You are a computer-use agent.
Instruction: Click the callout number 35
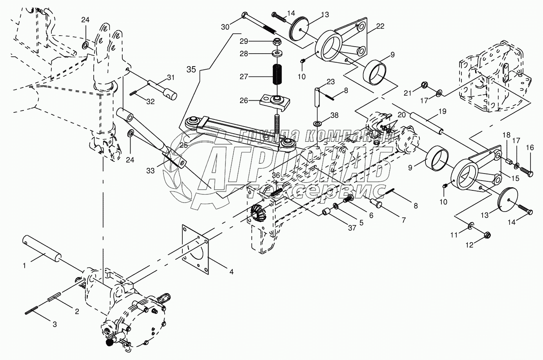click(x=191, y=70)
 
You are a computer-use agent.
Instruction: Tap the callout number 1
click(x=24, y=266)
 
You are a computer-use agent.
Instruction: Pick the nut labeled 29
click(x=278, y=42)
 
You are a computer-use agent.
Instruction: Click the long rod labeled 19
click(x=427, y=123)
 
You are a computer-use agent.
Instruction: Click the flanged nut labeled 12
click(x=488, y=236)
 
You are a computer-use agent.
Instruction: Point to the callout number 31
click(x=171, y=76)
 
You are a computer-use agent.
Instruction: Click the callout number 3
click(x=54, y=324)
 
